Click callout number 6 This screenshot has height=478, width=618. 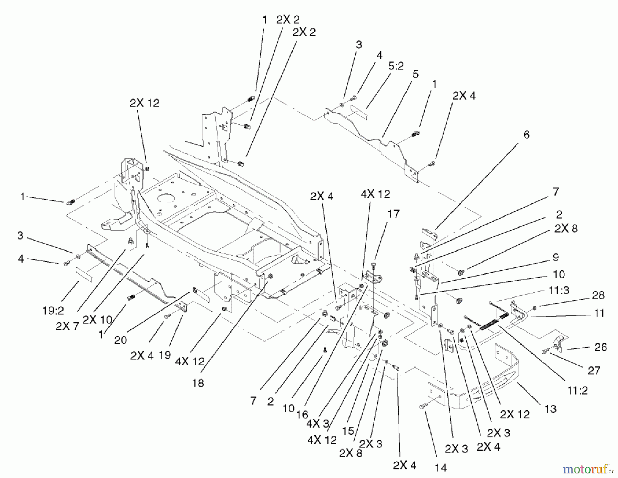click(x=526, y=135)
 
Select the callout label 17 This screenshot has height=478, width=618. click(x=393, y=214)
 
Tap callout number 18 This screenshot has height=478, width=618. click(x=198, y=383)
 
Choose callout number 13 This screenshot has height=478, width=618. click(x=550, y=409)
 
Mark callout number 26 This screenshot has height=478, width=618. click(x=600, y=347)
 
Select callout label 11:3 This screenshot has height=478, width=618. click(x=559, y=290)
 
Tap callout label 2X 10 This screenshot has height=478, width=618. click(x=98, y=320)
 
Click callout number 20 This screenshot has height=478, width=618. click(x=121, y=340)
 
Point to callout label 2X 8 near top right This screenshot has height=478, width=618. click(x=566, y=229)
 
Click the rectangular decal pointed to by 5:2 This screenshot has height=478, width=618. click(x=358, y=113)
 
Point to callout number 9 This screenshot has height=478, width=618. click(x=556, y=257)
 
